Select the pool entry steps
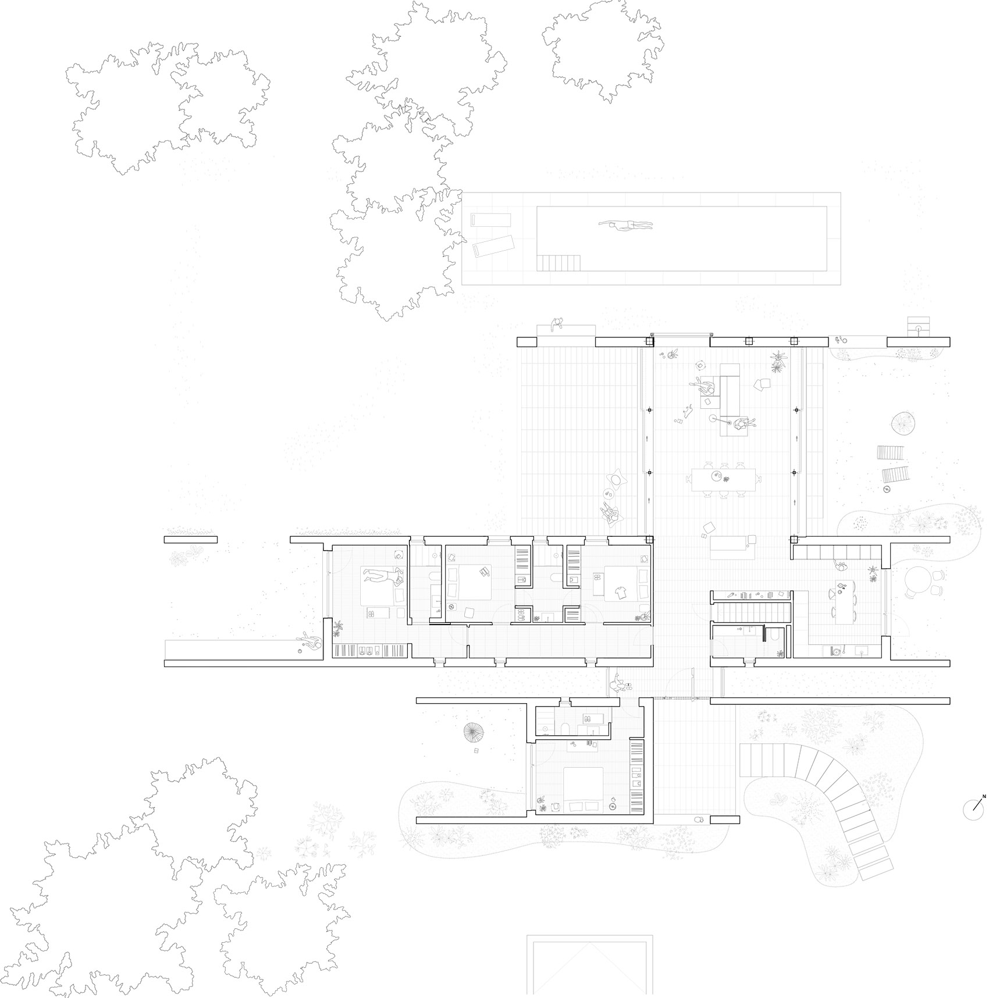(x=558, y=263)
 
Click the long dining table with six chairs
(x=725, y=479)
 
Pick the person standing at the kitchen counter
(x=839, y=565)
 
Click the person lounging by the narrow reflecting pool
(x=309, y=644)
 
